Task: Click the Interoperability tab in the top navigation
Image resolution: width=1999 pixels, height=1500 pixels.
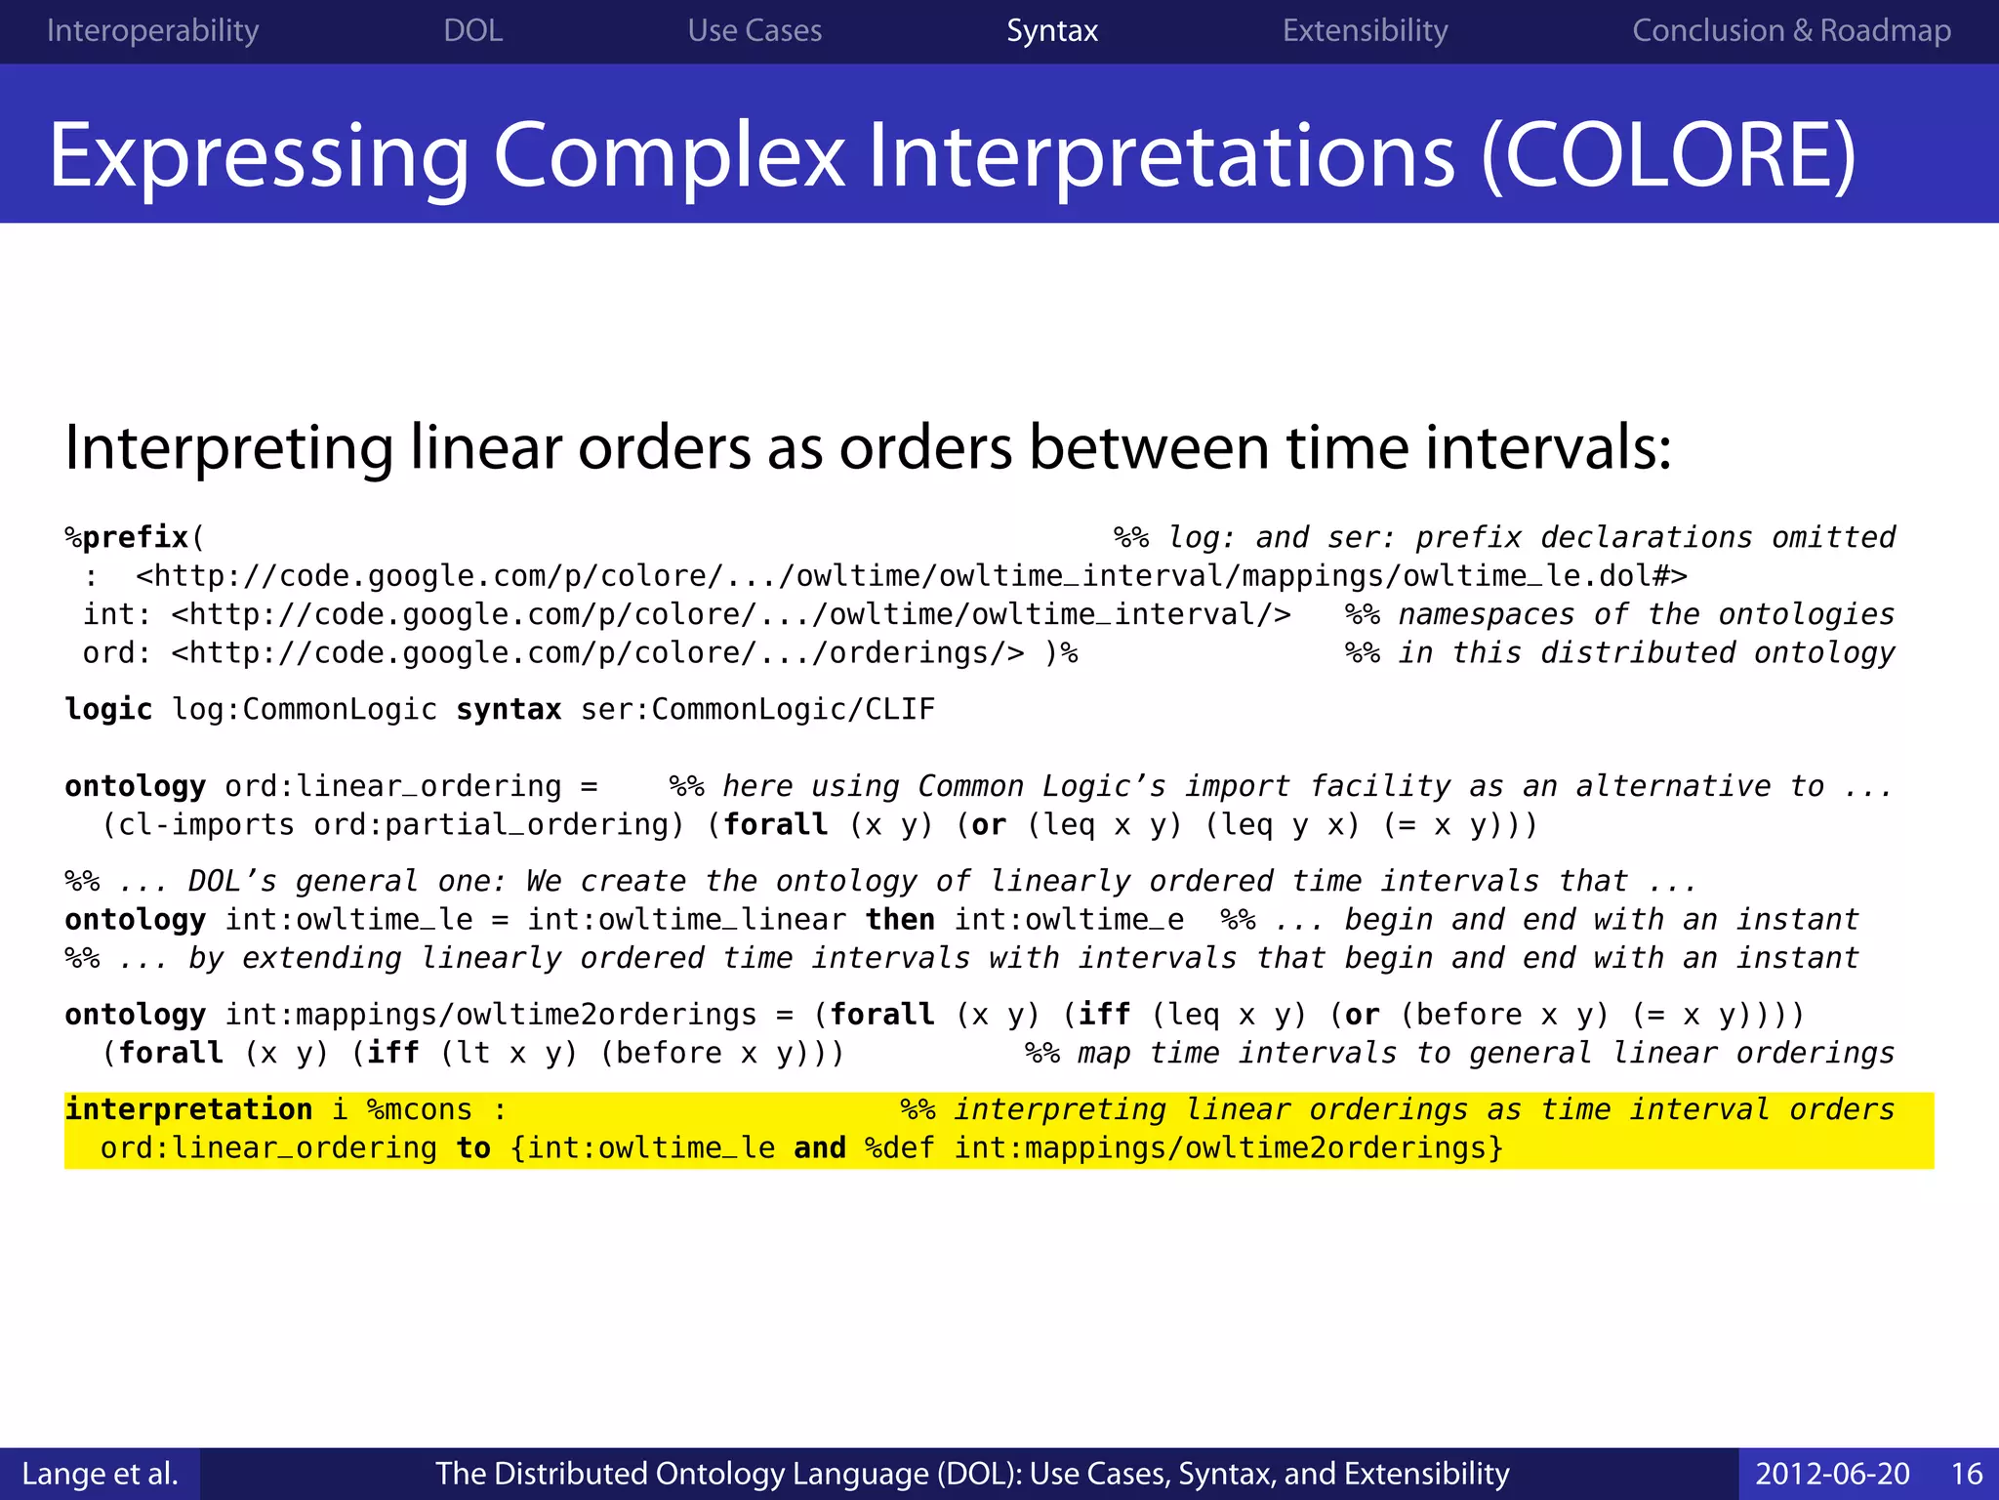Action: coord(152,31)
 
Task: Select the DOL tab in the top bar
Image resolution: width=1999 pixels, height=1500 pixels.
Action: coord(473,31)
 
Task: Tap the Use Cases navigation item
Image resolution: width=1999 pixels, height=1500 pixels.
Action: coord(755,31)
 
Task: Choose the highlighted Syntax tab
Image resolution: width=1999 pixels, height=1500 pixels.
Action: coord(1052,31)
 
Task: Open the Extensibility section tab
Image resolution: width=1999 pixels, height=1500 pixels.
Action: coord(1365,31)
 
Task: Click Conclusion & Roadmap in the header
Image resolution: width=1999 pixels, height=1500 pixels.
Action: coord(1791,31)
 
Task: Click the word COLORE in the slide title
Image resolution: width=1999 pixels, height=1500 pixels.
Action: coord(1668,156)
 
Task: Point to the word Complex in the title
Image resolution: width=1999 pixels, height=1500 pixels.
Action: coord(670,156)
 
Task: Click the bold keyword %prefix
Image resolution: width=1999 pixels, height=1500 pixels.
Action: coord(128,538)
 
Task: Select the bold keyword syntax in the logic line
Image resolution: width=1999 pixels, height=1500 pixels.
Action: coord(509,709)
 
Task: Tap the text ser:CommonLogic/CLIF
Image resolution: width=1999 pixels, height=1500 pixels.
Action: coord(757,709)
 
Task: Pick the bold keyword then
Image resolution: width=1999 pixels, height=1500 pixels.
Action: coord(900,920)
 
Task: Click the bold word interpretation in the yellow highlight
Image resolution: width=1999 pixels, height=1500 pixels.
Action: coord(188,1109)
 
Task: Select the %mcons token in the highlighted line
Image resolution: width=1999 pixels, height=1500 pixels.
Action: coord(420,1109)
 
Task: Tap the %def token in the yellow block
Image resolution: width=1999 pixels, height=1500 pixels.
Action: coord(899,1148)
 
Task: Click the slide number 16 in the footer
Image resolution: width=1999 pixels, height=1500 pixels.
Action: coord(1967,1474)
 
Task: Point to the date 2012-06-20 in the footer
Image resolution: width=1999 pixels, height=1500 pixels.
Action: coord(1832,1474)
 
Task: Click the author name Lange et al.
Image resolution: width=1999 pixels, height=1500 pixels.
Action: coord(100,1474)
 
